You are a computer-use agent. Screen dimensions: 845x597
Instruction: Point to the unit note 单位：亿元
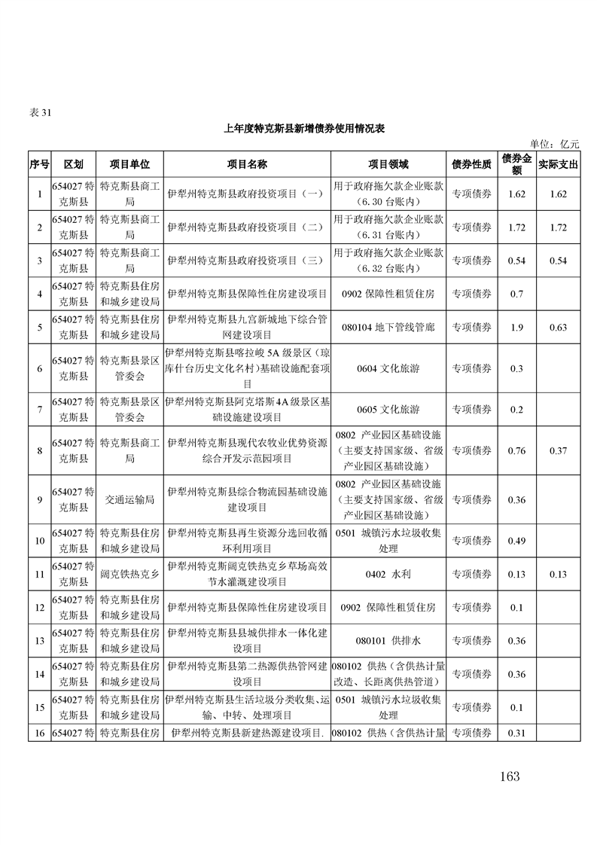(555, 144)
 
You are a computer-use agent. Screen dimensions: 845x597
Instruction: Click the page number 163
(509, 776)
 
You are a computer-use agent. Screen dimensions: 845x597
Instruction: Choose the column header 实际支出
(558, 164)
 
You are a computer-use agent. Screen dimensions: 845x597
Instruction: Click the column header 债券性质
(471, 164)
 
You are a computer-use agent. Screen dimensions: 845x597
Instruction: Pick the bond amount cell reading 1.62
(516, 194)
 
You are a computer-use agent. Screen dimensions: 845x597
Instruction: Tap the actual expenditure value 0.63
(558, 328)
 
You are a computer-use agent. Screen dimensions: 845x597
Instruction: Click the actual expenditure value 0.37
(558, 450)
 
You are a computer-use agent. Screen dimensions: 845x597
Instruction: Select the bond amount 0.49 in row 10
(516, 540)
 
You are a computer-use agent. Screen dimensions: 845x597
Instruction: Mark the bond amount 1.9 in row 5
(516, 328)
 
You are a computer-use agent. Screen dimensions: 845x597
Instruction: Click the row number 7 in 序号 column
(39, 409)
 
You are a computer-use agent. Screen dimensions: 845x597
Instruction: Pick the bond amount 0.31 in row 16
(516, 733)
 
